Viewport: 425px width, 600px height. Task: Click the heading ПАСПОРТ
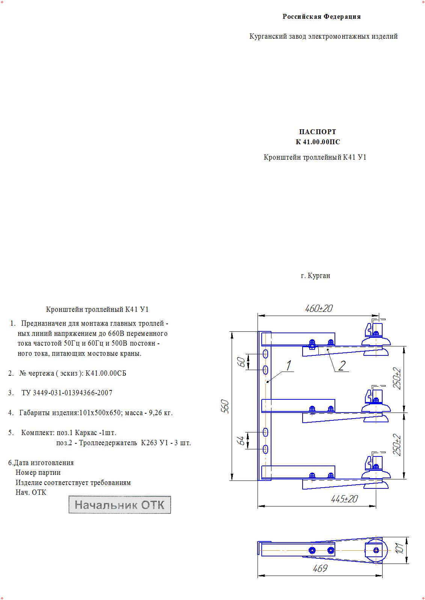coord(317,132)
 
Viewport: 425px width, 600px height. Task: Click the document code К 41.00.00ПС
coord(318,142)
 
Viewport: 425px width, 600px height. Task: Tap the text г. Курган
coord(315,276)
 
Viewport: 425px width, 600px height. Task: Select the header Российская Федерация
coord(321,17)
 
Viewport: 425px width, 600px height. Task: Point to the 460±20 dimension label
coord(319,309)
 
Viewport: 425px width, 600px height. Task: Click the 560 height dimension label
coord(225,407)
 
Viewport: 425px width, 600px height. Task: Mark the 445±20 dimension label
coord(344,499)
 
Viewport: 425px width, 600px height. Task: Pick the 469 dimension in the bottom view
coord(320,568)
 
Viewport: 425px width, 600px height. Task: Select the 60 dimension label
coord(243,362)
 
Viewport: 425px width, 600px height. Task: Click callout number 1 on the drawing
coord(289,365)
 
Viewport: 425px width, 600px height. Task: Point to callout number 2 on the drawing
coord(342,366)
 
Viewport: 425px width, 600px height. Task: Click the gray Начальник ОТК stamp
coord(119,505)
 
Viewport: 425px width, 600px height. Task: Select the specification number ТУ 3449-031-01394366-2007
coord(67,393)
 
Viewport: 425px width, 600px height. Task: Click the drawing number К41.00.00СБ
coord(105,373)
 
